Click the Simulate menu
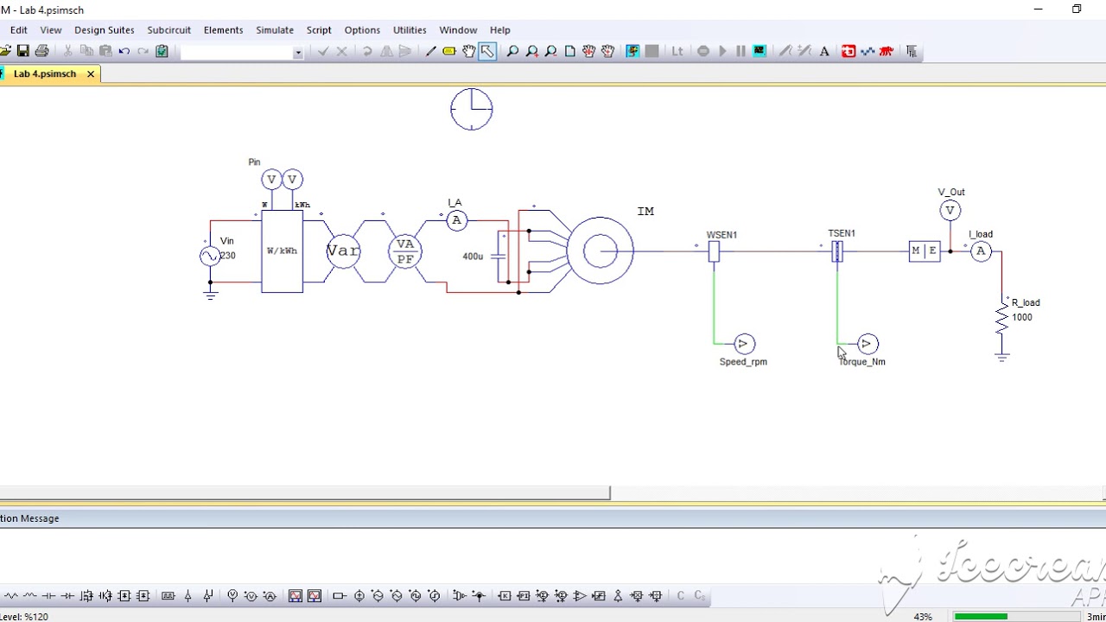click(274, 30)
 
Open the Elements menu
click(223, 30)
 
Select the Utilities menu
click(409, 30)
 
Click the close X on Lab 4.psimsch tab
click(91, 74)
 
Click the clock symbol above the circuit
click(472, 110)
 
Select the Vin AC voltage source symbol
click(210, 256)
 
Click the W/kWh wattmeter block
click(282, 251)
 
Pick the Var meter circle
click(343, 251)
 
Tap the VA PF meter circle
click(404, 251)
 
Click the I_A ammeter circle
click(456, 221)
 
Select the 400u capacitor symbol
click(500, 257)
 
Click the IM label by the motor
click(645, 212)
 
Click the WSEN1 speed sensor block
click(714, 251)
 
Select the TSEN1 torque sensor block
click(837, 251)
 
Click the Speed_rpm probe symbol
click(744, 345)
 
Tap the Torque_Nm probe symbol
click(868, 345)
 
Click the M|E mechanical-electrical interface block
click(924, 251)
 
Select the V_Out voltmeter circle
click(950, 211)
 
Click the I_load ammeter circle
click(981, 251)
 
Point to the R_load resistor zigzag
click(1001, 320)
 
